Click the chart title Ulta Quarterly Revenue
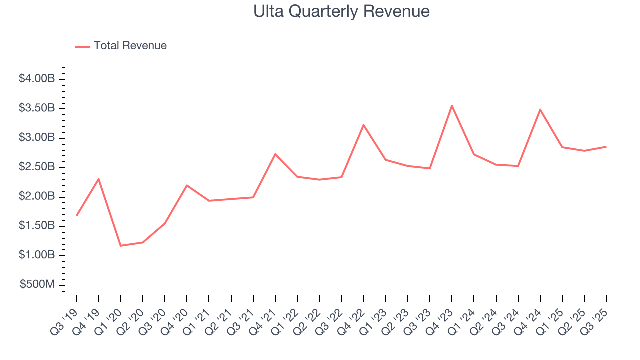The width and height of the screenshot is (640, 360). point(341,11)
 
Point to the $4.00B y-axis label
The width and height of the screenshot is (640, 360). point(37,79)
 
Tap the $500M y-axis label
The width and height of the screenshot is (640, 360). point(37,284)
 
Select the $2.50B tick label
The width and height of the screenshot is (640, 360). point(37,167)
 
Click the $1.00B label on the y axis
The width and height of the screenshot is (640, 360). point(37,255)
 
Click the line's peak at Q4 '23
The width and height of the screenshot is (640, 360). point(452,105)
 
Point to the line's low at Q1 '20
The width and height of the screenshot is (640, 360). point(121,246)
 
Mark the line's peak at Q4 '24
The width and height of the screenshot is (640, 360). point(540,109)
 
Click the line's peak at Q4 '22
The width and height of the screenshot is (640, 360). point(363,125)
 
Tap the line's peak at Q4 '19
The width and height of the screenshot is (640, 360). point(99,179)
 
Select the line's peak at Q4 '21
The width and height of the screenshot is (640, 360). point(275,154)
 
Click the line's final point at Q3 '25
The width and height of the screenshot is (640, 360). point(606,147)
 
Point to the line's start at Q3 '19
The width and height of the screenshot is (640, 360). point(77,215)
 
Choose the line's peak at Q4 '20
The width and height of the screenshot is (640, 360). point(187,185)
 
